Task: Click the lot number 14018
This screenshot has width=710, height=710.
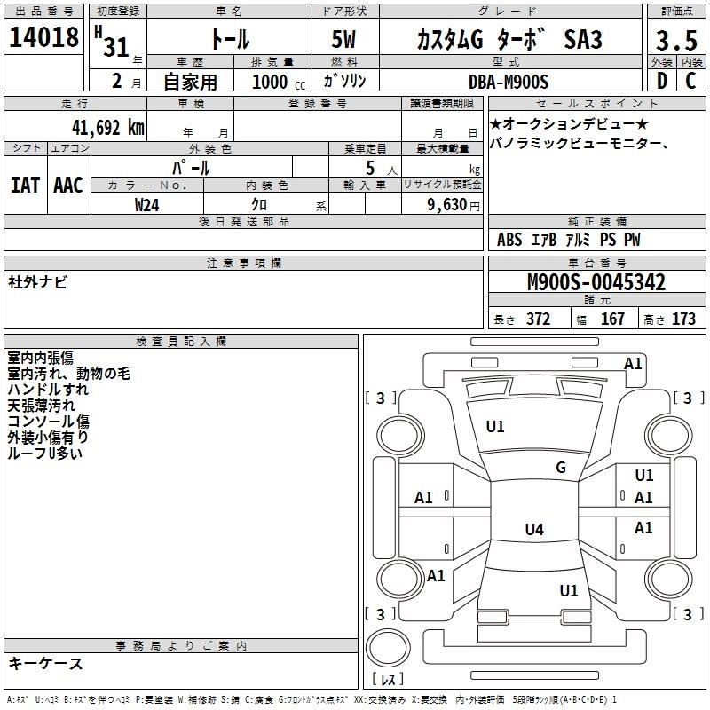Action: pyautogui.click(x=44, y=38)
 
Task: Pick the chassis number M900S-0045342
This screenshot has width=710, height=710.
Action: pyautogui.click(x=596, y=283)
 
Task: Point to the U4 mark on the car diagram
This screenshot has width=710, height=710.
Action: pyautogui.click(x=533, y=530)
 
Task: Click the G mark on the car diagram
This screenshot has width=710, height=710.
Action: pyautogui.click(x=561, y=468)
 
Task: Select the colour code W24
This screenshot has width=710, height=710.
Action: pyautogui.click(x=147, y=204)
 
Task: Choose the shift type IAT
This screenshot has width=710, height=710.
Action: pyautogui.click(x=25, y=185)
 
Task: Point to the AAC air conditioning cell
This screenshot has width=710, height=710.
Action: pyautogui.click(x=68, y=185)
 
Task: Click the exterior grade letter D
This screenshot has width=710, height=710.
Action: pyautogui.click(x=661, y=81)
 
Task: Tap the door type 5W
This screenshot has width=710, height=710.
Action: pyautogui.click(x=346, y=41)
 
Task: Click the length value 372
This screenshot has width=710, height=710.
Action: pyautogui.click(x=538, y=319)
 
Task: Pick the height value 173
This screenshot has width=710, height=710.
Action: pyautogui.click(x=683, y=319)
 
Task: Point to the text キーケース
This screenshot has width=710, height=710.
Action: pyautogui.click(x=45, y=663)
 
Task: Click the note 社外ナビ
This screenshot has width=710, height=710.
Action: pyautogui.click(x=37, y=282)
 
